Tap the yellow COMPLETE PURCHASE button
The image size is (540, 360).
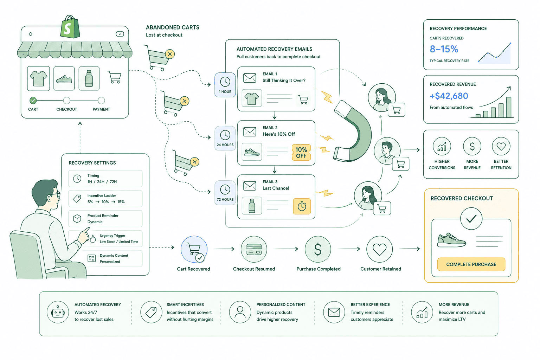point(471,264)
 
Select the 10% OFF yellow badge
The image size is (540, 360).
point(301,152)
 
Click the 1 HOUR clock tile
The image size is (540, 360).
point(225,85)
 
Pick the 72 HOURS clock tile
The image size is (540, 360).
point(225,192)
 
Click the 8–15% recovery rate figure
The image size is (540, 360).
point(444,49)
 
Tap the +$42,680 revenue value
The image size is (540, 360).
point(449,96)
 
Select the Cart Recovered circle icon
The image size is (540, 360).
point(194,249)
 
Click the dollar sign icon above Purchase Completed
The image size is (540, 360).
point(318,249)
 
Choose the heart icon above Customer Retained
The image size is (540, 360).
point(379,249)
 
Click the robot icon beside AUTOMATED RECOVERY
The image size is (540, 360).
point(58,312)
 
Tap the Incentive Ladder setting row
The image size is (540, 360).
point(105,199)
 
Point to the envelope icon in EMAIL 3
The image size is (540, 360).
point(250,186)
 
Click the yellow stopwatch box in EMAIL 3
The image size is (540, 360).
point(302,206)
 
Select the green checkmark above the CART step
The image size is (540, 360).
point(33,100)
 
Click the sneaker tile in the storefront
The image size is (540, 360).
point(64,78)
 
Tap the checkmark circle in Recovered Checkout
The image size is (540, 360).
point(471,218)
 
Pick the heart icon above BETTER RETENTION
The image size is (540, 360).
point(501,146)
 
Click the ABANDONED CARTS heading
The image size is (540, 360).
point(173,27)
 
